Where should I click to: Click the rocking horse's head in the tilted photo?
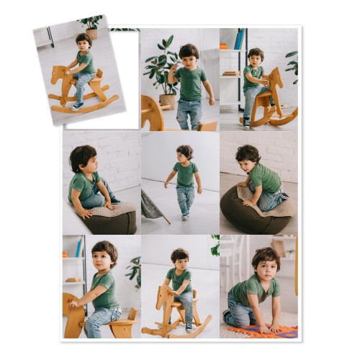coord(58,73)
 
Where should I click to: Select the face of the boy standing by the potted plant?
coord(189,57)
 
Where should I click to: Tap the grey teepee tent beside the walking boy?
coord(152,206)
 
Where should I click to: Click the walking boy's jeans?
coord(186,197)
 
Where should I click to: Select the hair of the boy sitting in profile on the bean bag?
coord(82,155)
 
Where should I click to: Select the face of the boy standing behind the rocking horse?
coord(180,261)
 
